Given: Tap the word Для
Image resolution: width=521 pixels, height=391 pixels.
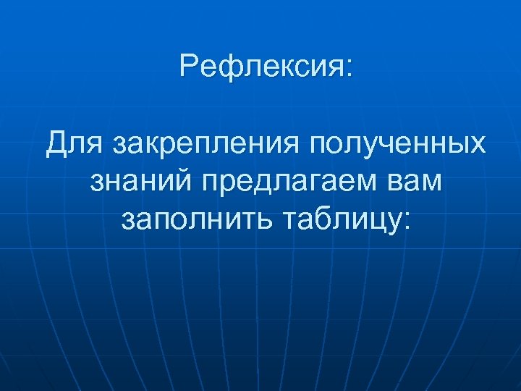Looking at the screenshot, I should (74, 143).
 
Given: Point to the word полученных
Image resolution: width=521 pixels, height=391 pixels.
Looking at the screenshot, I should (398, 143).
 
